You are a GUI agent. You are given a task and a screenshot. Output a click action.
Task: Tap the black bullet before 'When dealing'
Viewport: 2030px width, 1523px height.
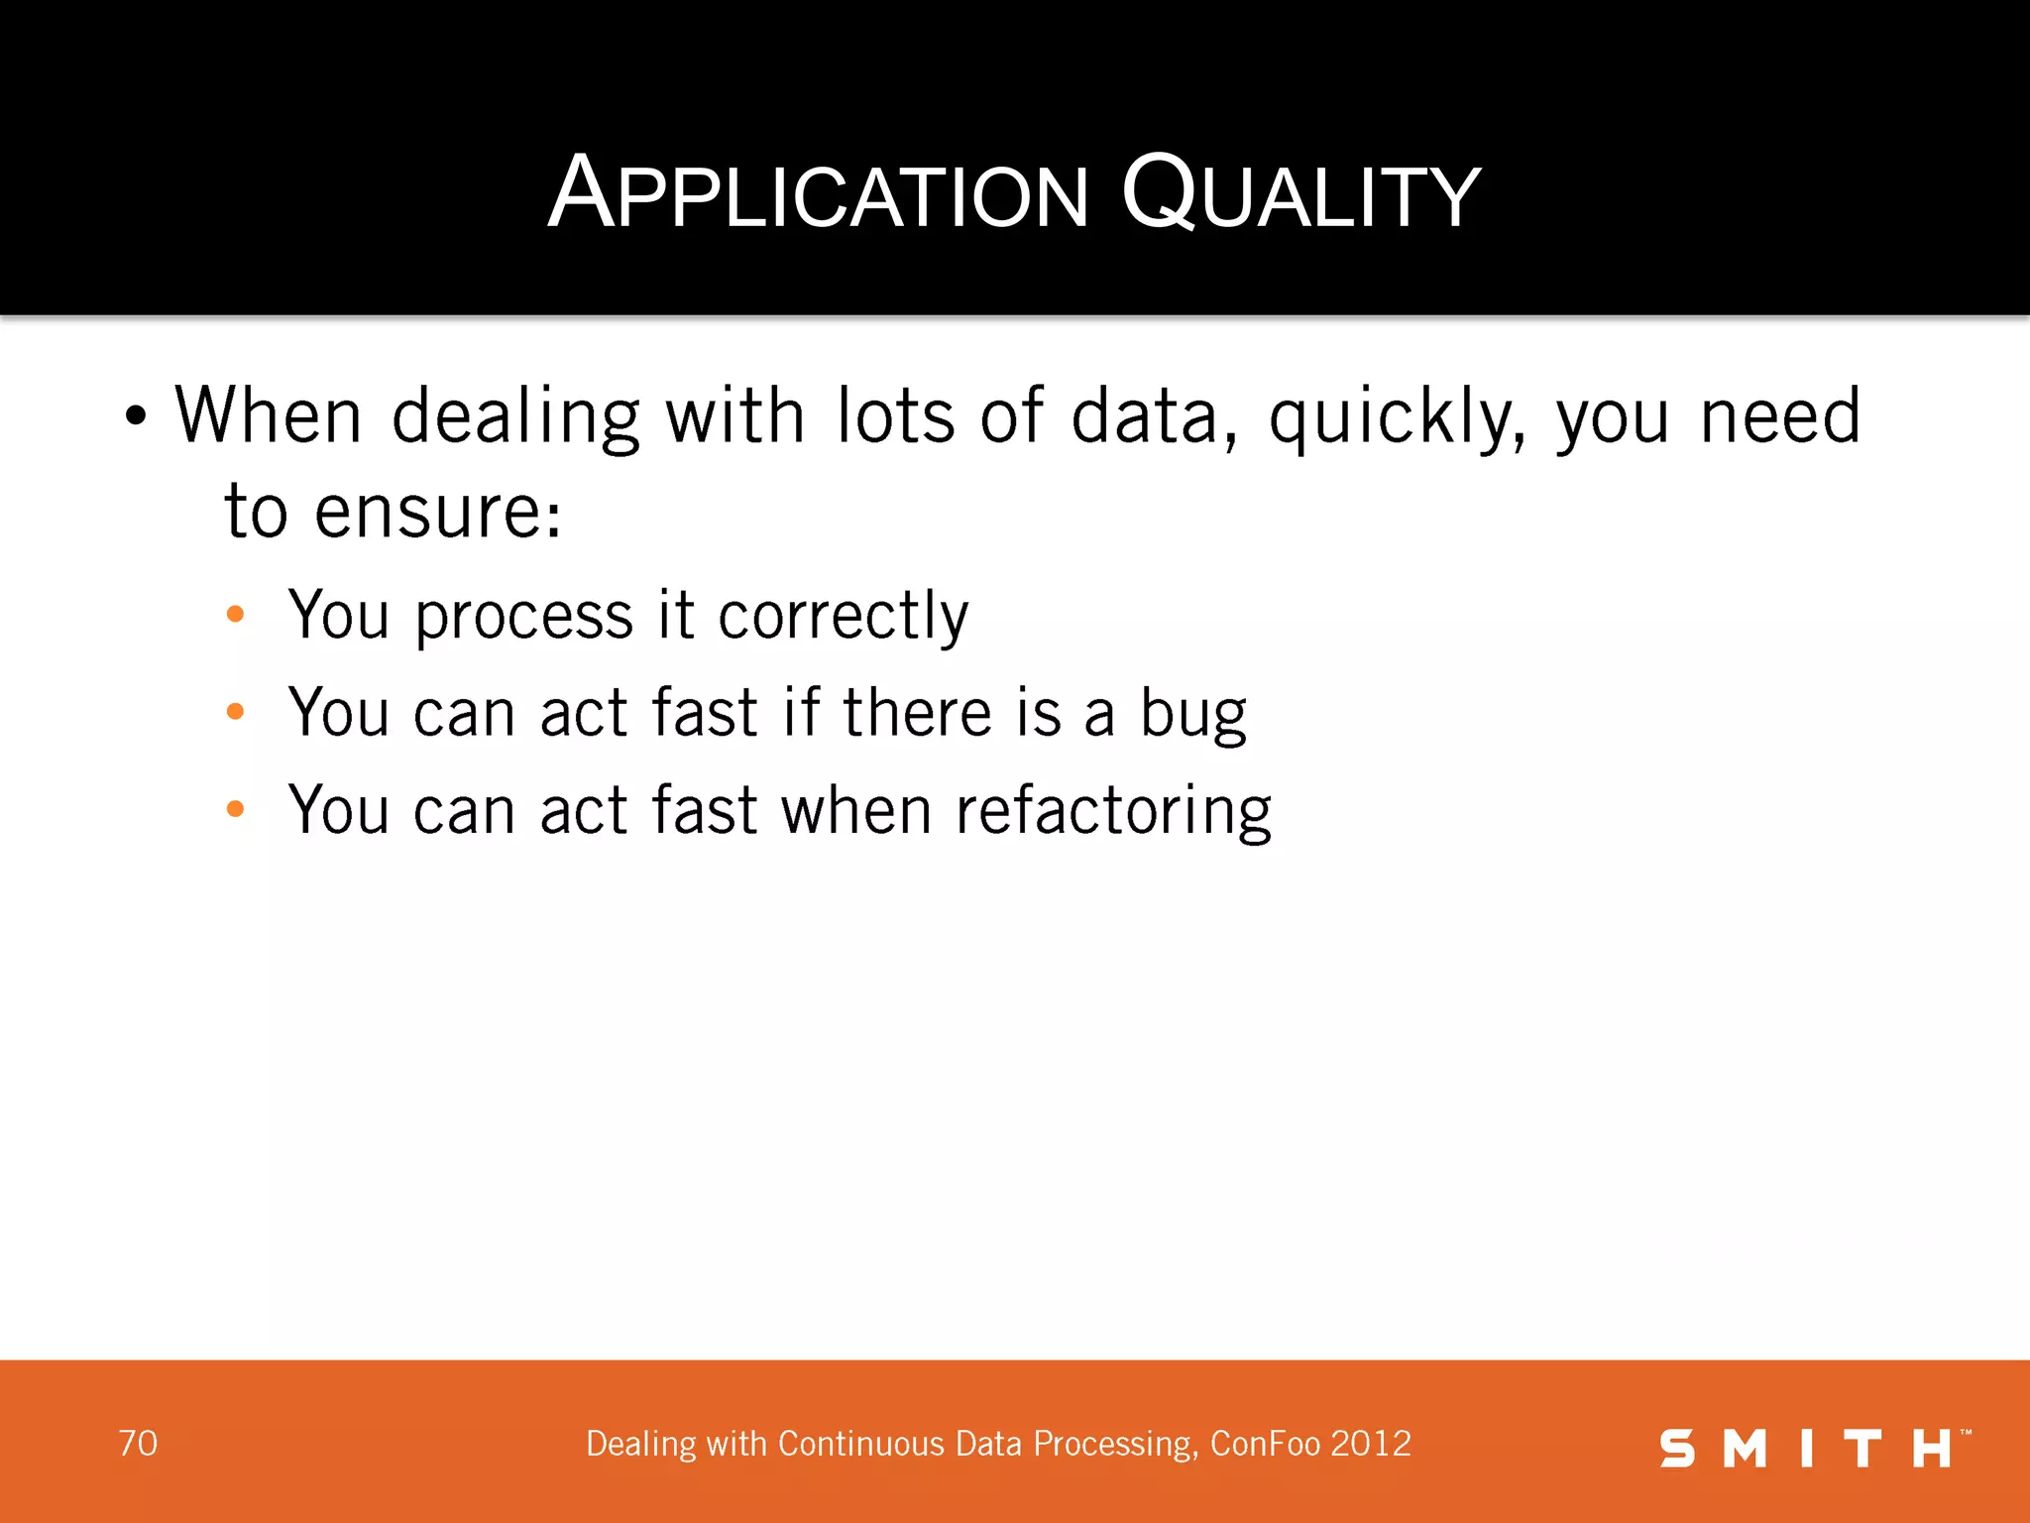tap(136, 416)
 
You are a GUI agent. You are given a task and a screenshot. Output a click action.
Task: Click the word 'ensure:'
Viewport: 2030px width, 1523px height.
tap(438, 514)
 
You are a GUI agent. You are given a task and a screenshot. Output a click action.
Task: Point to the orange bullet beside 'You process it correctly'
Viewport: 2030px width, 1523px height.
tap(235, 614)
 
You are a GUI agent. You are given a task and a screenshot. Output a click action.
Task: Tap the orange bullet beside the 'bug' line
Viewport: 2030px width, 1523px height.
tap(235, 711)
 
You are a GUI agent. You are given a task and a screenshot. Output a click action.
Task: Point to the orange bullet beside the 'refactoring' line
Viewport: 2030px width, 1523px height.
tap(235, 808)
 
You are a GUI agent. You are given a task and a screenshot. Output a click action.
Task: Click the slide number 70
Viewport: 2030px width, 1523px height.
tap(138, 1444)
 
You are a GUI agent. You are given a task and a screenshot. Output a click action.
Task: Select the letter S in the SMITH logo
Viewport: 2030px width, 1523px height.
tap(1677, 1449)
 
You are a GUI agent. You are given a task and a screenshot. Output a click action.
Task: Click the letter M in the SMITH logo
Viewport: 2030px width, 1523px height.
tap(1745, 1449)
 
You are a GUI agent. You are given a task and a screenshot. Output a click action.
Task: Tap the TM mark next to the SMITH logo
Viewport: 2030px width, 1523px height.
tap(1966, 1433)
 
